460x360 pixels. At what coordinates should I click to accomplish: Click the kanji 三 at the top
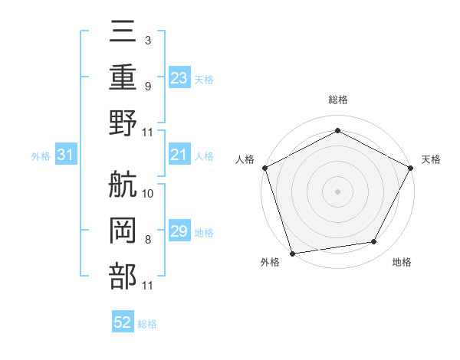(x=123, y=34)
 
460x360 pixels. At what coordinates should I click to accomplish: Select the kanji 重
(x=123, y=77)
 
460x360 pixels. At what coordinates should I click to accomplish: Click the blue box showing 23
(x=179, y=78)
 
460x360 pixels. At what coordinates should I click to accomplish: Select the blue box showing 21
(x=179, y=155)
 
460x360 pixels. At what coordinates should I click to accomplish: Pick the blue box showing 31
(x=65, y=155)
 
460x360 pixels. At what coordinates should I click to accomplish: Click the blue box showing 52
(x=123, y=323)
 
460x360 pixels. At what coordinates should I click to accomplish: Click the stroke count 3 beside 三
(x=147, y=39)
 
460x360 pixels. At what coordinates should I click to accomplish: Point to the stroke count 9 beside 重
(x=147, y=86)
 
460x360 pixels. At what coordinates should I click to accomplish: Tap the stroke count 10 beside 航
(x=148, y=193)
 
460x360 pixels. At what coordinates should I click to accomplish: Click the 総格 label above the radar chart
(x=337, y=100)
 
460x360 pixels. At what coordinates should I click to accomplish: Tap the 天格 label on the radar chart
(x=431, y=159)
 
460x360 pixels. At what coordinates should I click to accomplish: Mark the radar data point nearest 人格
(x=265, y=167)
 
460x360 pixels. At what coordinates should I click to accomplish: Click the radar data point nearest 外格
(x=293, y=253)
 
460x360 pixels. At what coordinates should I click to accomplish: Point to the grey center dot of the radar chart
(x=337, y=191)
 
